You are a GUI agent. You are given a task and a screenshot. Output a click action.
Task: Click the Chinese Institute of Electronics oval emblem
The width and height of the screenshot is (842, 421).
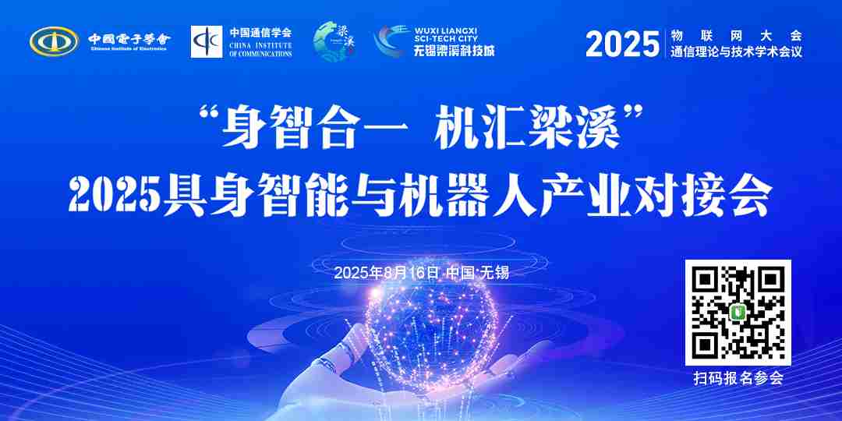[54, 41]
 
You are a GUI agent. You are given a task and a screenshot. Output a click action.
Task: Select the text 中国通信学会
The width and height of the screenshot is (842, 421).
[260, 33]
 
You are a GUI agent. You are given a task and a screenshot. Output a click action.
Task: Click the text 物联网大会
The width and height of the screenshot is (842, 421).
[735, 35]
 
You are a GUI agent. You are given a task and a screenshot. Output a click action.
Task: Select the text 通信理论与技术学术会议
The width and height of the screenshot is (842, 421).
[735, 52]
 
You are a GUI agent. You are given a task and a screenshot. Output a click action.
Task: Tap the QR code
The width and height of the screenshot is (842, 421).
[738, 313]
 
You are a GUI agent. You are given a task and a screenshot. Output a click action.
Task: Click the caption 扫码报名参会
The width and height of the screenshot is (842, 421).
[738, 379]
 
